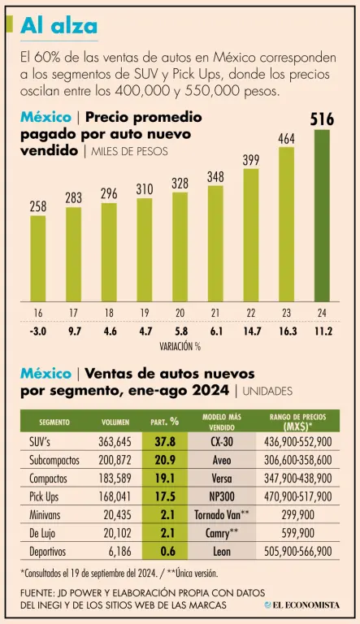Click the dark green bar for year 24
(322, 215)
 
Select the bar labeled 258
(38, 258)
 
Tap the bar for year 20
(180, 247)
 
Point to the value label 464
(286, 139)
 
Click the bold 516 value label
(322, 119)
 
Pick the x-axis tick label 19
(145, 313)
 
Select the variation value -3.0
(38, 331)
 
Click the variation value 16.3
(287, 331)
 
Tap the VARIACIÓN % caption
(180, 346)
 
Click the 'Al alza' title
(59, 26)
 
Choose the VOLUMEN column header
(115, 422)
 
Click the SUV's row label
(40, 441)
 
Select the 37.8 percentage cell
(165, 441)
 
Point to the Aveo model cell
(222, 460)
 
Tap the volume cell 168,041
(115, 496)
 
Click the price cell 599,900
(298, 533)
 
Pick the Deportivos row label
(47, 552)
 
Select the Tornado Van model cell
(222, 515)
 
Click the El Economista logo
(302, 604)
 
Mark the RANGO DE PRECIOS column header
(298, 422)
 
